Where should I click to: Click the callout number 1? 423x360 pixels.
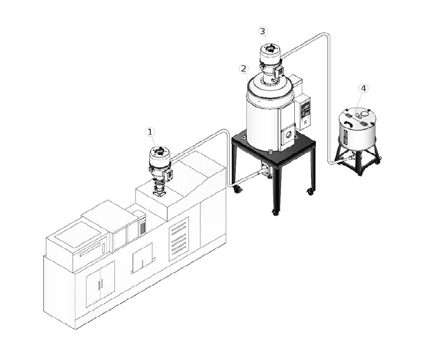[x=150, y=132]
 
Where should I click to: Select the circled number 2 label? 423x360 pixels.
[x=244, y=69]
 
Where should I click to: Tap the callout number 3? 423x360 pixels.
[x=263, y=31]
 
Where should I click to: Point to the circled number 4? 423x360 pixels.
[x=363, y=88]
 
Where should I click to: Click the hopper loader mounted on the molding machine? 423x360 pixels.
[x=159, y=170]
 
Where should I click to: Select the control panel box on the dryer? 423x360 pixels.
[x=303, y=112]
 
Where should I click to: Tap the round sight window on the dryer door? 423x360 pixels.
[x=289, y=135]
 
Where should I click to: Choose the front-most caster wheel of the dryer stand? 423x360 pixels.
[x=275, y=212]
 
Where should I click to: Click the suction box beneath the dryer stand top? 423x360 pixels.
[x=266, y=169]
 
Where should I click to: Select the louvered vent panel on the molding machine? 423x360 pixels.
[x=178, y=239]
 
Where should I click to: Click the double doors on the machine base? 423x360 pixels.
[x=100, y=284]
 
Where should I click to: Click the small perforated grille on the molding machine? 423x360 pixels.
[x=142, y=228]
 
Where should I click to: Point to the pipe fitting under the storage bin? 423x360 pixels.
[x=352, y=157]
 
